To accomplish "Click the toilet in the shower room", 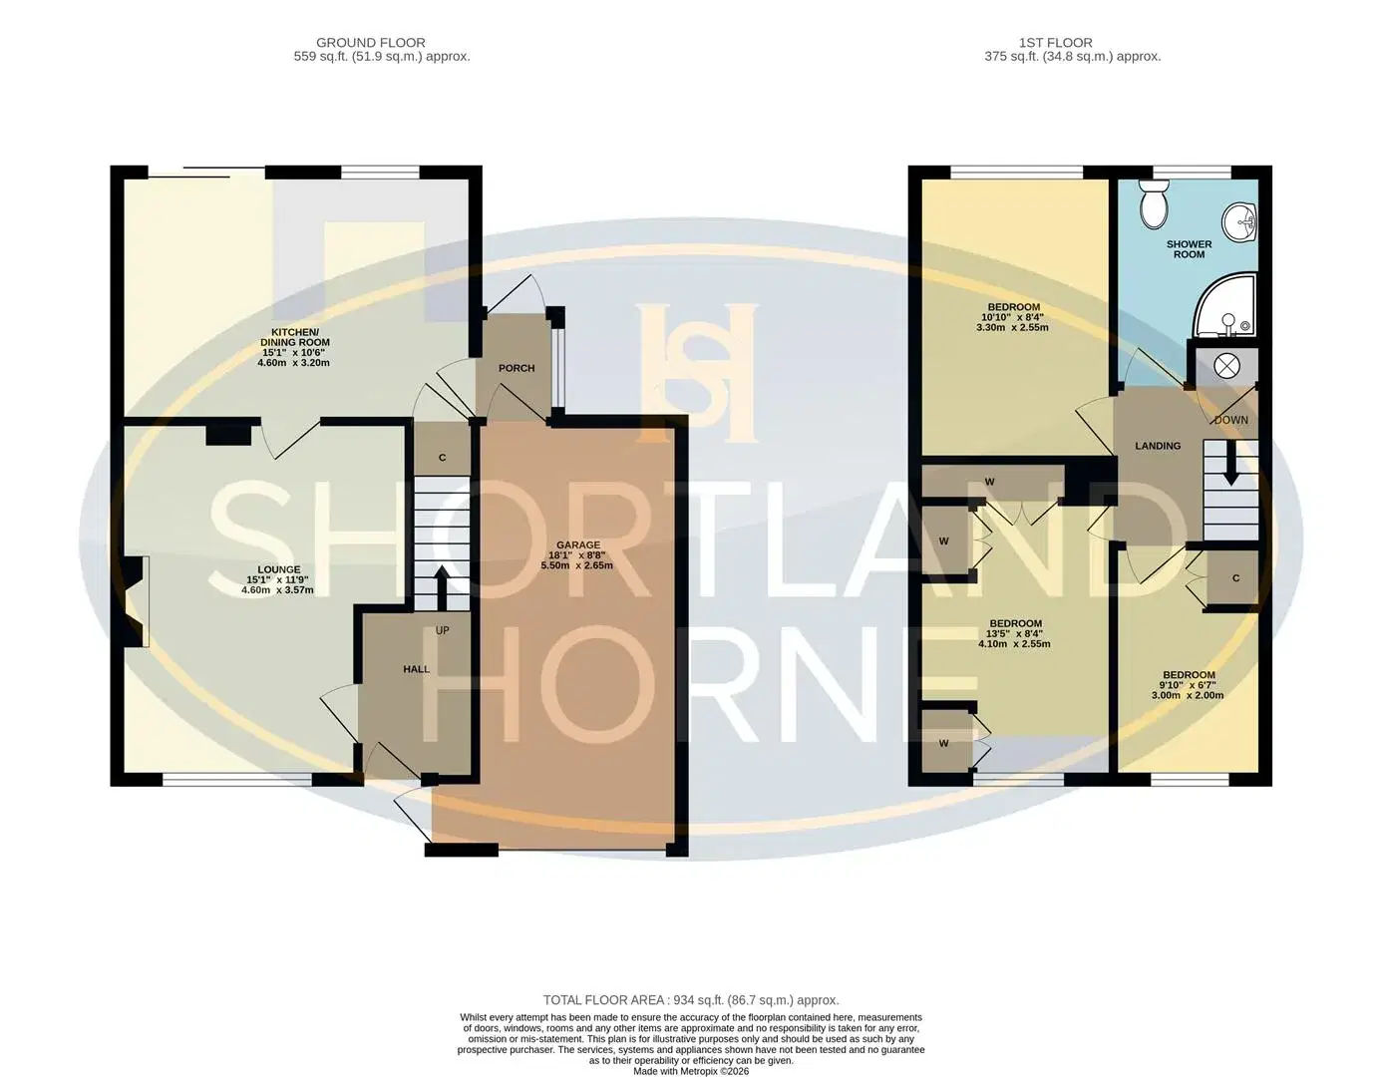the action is pos(1153,203).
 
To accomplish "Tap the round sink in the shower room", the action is pos(1238,222).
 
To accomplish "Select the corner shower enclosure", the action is pos(1224,306).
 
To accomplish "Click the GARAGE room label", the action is pos(577,544).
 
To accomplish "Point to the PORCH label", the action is pos(517,368).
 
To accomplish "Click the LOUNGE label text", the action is pos(278,569).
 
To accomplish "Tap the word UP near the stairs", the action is pos(442,630).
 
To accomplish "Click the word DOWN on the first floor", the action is pos(1231,420).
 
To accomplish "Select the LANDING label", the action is pos(1158,446).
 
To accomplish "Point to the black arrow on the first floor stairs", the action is pos(1231,466).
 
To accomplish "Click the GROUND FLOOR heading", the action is pos(371,43).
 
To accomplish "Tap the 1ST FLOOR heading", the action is pos(1056,43).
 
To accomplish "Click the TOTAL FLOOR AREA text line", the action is pos(691,1000).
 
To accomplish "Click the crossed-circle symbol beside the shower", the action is pos(1226,366).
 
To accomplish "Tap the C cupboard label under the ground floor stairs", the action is pos(442,458).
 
